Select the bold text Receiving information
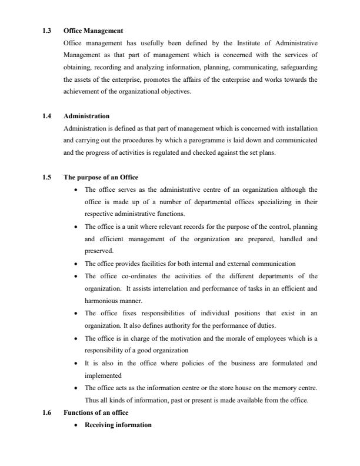pos(118,424)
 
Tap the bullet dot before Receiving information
pos(76,425)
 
